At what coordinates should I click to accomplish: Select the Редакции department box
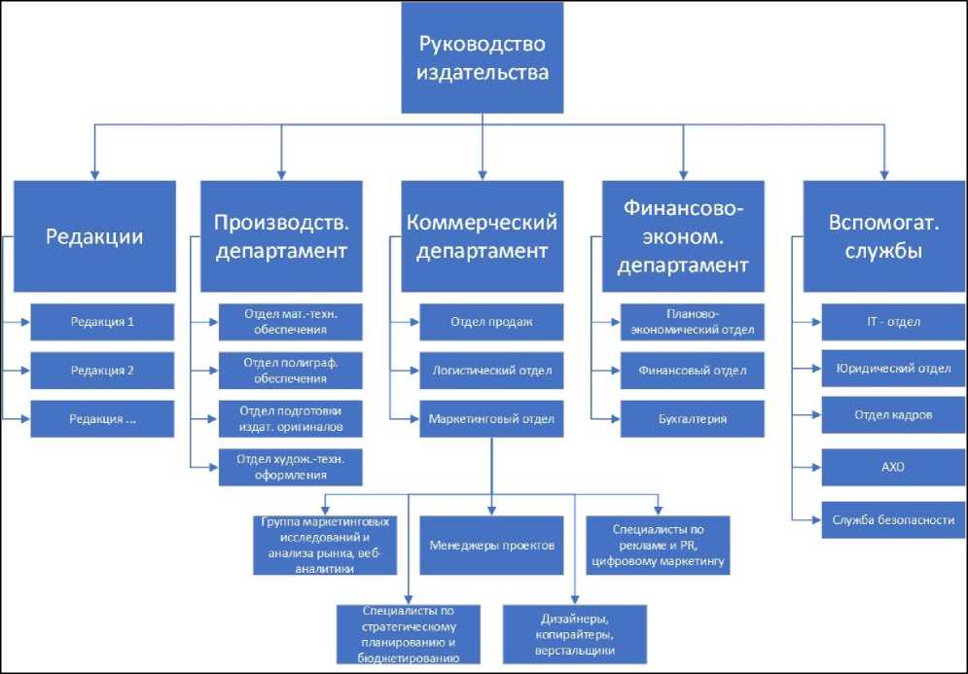click(95, 236)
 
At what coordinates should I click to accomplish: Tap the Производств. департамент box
click(281, 236)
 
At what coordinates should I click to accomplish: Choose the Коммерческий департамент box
click(483, 236)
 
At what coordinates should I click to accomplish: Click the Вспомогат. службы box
click(883, 236)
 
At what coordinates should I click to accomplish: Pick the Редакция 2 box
click(102, 371)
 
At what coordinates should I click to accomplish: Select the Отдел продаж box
click(491, 322)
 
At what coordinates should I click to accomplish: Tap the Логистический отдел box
click(491, 371)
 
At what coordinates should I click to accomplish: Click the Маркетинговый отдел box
click(491, 419)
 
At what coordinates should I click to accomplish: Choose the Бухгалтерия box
click(692, 419)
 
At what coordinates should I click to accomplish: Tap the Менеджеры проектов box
click(491, 545)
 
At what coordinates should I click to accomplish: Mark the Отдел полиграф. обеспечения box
click(289, 371)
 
